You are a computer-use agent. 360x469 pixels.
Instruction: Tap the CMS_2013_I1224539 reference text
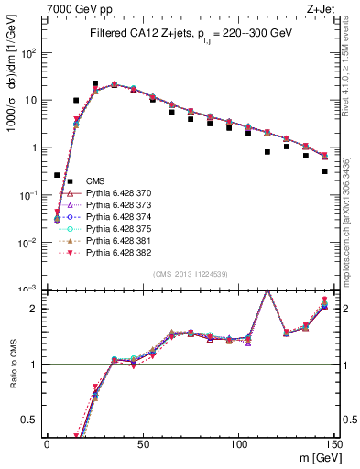pyautogui.click(x=191, y=274)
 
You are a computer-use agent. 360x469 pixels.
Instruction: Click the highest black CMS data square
pyautogui.click(x=95, y=83)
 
